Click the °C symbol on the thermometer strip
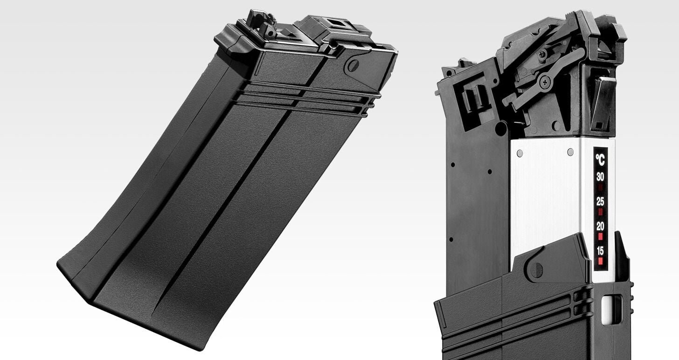[600, 159]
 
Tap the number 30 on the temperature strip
[600, 177]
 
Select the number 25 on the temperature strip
[600, 201]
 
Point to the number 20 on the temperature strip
[600, 226]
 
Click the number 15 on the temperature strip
[600, 250]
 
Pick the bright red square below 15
[600, 261]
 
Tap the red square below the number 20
[600, 236]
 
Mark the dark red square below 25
[600, 212]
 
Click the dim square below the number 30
[600, 187]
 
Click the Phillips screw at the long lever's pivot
[545, 82]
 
